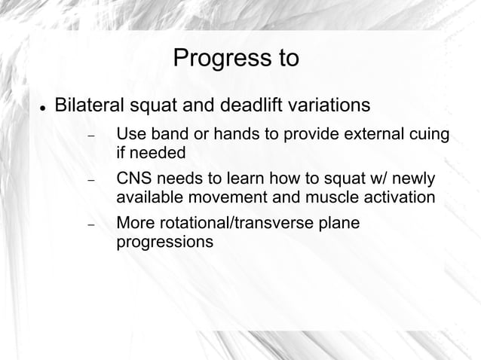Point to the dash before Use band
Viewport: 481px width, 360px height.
(x=90, y=137)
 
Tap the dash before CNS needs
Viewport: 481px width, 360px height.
(x=90, y=182)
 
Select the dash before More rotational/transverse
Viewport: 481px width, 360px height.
(x=90, y=226)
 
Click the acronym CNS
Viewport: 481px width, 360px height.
(x=133, y=181)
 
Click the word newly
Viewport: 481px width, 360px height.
(x=415, y=181)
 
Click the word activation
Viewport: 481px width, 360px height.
(x=397, y=198)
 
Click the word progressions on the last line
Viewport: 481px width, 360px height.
(x=164, y=243)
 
